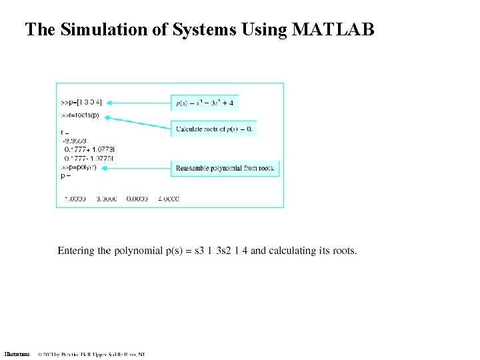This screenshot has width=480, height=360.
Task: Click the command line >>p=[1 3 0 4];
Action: coord(82,103)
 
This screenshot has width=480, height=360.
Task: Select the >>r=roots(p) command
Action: coord(79,115)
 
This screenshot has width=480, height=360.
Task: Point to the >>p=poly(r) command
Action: coord(79,167)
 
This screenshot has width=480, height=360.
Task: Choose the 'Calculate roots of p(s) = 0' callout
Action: coord(214,129)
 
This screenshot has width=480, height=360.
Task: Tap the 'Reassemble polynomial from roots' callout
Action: coord(225,169)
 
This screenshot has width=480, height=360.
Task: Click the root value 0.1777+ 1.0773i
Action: coord(89,150)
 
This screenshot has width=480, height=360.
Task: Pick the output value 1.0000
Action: coord(75,199)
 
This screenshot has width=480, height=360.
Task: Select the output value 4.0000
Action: coord(168,199)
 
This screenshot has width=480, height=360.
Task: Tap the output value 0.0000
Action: coord(137,199)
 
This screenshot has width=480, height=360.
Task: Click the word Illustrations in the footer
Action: coord(17,354)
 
